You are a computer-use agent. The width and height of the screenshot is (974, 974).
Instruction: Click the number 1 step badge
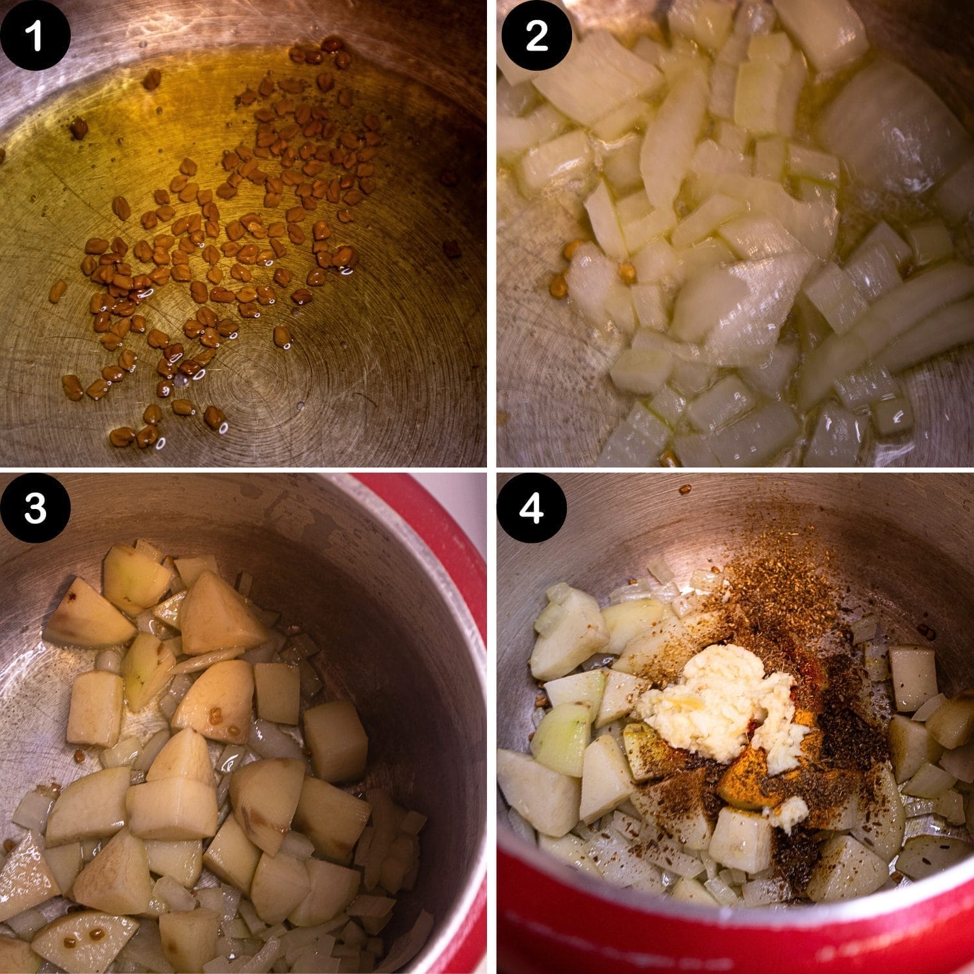point(35,35)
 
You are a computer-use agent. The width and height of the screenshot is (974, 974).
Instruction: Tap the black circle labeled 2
point(536,35)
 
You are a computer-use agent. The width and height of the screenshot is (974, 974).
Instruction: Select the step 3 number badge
point(35,508)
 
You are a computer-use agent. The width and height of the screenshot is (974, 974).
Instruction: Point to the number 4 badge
point(536,508)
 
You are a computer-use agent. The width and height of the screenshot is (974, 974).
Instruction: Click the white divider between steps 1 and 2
point(492,234)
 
